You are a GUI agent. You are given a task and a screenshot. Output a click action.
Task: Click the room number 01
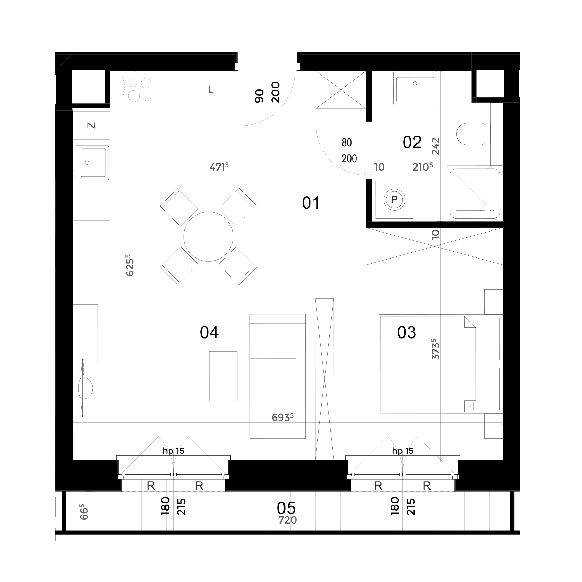(x=311, y=203)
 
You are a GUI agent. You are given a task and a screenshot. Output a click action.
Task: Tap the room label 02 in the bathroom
(x=412, y=142)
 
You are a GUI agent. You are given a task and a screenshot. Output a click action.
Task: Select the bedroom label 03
(x=407, y=332)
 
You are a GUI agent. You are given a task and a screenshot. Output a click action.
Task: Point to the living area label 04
(x=209, y=332)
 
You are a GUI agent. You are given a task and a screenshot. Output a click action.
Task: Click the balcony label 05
(x=286, y=508)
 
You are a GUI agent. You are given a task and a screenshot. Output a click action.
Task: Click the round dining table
(x=208, y=237)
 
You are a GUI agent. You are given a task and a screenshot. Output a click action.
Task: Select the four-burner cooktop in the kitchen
(x=138, y=90)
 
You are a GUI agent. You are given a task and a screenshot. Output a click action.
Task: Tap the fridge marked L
(x=211, y=90)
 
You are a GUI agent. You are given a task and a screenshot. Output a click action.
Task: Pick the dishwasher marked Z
(x=92, y=125)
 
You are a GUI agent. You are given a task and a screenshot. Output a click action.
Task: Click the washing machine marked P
(x=394, y=200)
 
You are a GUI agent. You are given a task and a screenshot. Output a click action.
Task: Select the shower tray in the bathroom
(x=475, y=193)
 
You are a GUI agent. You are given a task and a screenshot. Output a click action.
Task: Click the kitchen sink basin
(x=92, y=162)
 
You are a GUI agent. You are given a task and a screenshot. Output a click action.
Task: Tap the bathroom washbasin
(x=415, y=88)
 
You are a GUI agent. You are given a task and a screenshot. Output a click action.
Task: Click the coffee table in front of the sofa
(x=223, y=376)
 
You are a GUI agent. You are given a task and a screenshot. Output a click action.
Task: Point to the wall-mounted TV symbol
(x=84, y=388)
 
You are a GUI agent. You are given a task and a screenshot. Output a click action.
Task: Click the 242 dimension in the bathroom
(x=436, y=146)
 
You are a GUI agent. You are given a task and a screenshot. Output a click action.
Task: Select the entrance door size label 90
(x=260, y=96)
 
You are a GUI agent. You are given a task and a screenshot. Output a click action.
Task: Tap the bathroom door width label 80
(x=346, y=143)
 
